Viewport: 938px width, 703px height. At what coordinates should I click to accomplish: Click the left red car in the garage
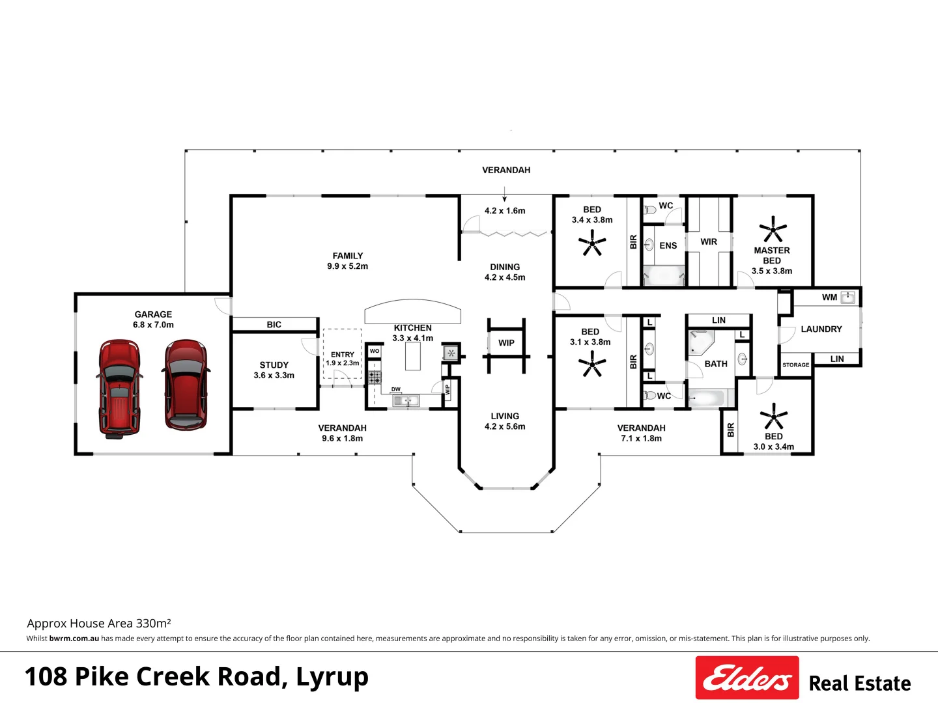[119, 387]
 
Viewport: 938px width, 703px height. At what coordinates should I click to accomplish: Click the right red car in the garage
[186, 385]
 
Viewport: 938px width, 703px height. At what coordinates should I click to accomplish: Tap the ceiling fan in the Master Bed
[773, 230]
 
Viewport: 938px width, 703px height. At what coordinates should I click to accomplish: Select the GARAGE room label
[153, 314]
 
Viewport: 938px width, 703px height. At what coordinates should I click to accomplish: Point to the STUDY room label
[274, 365]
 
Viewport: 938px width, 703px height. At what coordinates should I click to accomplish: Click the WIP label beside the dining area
[506, 343]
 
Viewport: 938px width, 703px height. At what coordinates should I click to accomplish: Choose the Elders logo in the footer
[747, 678]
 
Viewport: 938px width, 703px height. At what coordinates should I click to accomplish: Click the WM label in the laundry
[829, 297]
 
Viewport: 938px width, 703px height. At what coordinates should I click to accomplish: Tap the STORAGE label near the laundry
[795, 365]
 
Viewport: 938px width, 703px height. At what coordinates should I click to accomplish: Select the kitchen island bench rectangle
[413, 356]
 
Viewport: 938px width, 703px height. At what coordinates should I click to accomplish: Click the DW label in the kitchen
[396, 389]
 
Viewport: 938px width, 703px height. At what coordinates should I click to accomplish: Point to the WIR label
[709, 241]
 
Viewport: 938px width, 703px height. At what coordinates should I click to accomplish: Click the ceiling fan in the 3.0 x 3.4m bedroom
[774, 416]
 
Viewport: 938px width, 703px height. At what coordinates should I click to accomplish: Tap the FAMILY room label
[348, 256]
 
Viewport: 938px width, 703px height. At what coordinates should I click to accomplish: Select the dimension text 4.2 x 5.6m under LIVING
[505, 427]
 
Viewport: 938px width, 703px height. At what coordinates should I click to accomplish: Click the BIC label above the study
[274, 324]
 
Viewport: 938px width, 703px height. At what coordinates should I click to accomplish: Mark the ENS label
[668, 245]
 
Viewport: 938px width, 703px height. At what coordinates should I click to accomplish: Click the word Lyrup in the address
[332, 677]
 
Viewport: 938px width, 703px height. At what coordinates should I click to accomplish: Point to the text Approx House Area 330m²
[99, 624]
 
